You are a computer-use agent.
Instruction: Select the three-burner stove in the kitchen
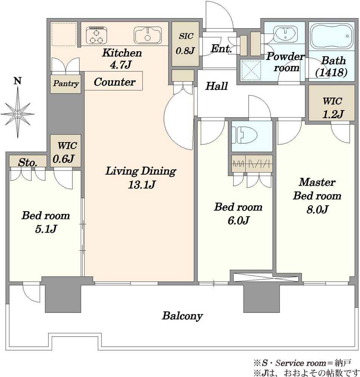(97, 35)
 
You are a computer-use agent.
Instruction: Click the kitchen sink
(148, 35)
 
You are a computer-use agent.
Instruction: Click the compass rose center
(18, 113)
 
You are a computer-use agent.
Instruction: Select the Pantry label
(66, 84)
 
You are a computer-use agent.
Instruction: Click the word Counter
(115, 82)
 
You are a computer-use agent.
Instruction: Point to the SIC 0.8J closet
(185, 44)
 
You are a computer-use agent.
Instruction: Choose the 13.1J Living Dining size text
(142, 185)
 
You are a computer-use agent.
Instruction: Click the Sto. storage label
(28, 163)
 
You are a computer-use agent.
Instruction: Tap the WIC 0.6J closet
(65, 151)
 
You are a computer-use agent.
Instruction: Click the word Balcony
(182, 316)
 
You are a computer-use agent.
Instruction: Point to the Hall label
(216, 86)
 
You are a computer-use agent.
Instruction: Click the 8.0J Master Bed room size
(317, 210)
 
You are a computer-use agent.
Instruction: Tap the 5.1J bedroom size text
(46, 229)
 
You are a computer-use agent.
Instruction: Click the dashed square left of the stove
(64, 34)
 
